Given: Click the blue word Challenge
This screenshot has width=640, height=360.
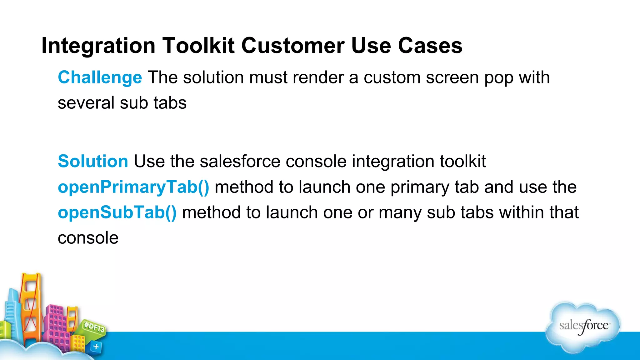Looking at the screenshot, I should [x=100, y=77].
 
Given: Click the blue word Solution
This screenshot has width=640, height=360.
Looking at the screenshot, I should [x=93, y=161].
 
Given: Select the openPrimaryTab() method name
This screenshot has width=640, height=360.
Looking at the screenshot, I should [x=133, y=187].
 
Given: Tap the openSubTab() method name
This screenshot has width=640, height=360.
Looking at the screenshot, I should [x=117, y=212].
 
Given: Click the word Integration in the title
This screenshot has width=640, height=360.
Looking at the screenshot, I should [x=98, y=46].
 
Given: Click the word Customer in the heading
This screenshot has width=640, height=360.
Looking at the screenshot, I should [x=293, y=46].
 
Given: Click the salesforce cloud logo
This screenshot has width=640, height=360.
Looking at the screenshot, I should [x=583, y=327].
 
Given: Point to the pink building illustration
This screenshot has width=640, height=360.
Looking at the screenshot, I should [x=58, y=325].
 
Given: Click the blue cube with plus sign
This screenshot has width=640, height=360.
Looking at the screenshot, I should [x=96, y=347].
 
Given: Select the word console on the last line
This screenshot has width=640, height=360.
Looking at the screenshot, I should [x=88, y=238].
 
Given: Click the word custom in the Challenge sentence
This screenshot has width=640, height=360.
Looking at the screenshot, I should [x=392, y=77].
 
